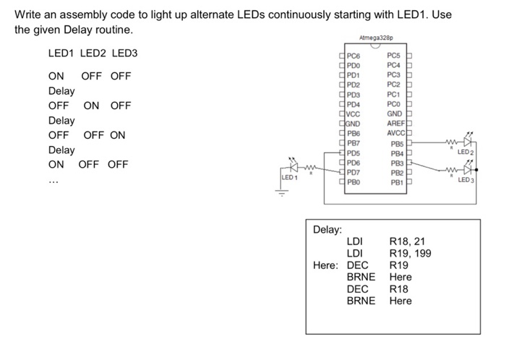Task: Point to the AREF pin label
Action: click(395, 124)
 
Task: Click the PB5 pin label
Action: click(395, 143)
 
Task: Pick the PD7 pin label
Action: click(353, 172)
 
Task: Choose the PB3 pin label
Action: click(395, 163)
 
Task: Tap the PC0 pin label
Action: click(395, 104)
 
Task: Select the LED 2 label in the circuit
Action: click(466, 152)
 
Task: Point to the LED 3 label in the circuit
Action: click(466, 179)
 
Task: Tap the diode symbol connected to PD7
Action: click(293, 166)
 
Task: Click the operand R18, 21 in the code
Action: click(410, 241)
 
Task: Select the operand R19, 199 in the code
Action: click(412, 253)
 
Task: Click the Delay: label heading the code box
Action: click(327, 229)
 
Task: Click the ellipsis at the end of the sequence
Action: click(53, 181)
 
